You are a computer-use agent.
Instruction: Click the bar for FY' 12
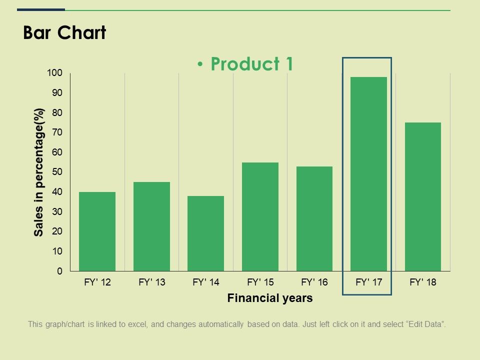(x=97, y=231)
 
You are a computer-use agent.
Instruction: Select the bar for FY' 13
(x=151, y=226)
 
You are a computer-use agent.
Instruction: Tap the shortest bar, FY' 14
(x=205, y=233)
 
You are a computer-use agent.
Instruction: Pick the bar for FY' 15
(x=260, y=216)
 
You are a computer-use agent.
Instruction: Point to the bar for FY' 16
(x=314, y=218)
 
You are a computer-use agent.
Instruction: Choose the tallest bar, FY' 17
(x=368, y=174)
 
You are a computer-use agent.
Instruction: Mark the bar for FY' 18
(x=423, y=196)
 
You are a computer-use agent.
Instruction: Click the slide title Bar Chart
(x=64, y=33)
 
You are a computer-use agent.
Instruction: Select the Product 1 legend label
(x=251, y=64)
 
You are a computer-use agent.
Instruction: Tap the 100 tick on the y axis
(x=55, y=73)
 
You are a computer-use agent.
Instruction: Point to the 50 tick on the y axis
(x=57, y=172)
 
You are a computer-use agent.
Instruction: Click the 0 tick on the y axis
(x=60, y=271)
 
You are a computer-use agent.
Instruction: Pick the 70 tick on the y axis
(x=57, y=132)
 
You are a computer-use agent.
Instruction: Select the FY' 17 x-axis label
(x=368, y=282)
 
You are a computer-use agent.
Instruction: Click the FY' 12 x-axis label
(x=97, y=282)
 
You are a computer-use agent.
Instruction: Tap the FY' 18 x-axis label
(x=423, y=282)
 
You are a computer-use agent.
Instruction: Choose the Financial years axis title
(x=270, y=298)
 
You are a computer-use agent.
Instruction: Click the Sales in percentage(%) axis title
(x=39, y=172)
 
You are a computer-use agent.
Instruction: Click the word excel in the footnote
(x=136, y=324)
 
